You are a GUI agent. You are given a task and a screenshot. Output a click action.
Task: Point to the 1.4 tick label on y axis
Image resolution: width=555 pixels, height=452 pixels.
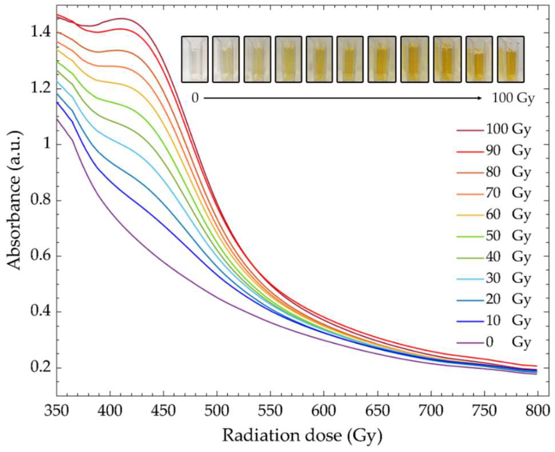pyautogui.click(x=40, y=33)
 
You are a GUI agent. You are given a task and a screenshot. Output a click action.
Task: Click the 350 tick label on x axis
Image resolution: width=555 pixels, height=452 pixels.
pyautogui.click(x=57, y=411)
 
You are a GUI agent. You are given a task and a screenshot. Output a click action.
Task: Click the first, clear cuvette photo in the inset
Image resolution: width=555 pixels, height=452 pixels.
pyautogui.click(x=195, y=59)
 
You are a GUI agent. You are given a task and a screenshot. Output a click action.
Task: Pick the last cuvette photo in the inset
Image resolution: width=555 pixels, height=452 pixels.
pyautogui.click(x=511, y=59)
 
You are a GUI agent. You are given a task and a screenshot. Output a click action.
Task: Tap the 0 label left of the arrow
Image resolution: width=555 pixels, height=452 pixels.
pyautogui.click(x=195, y=98)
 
